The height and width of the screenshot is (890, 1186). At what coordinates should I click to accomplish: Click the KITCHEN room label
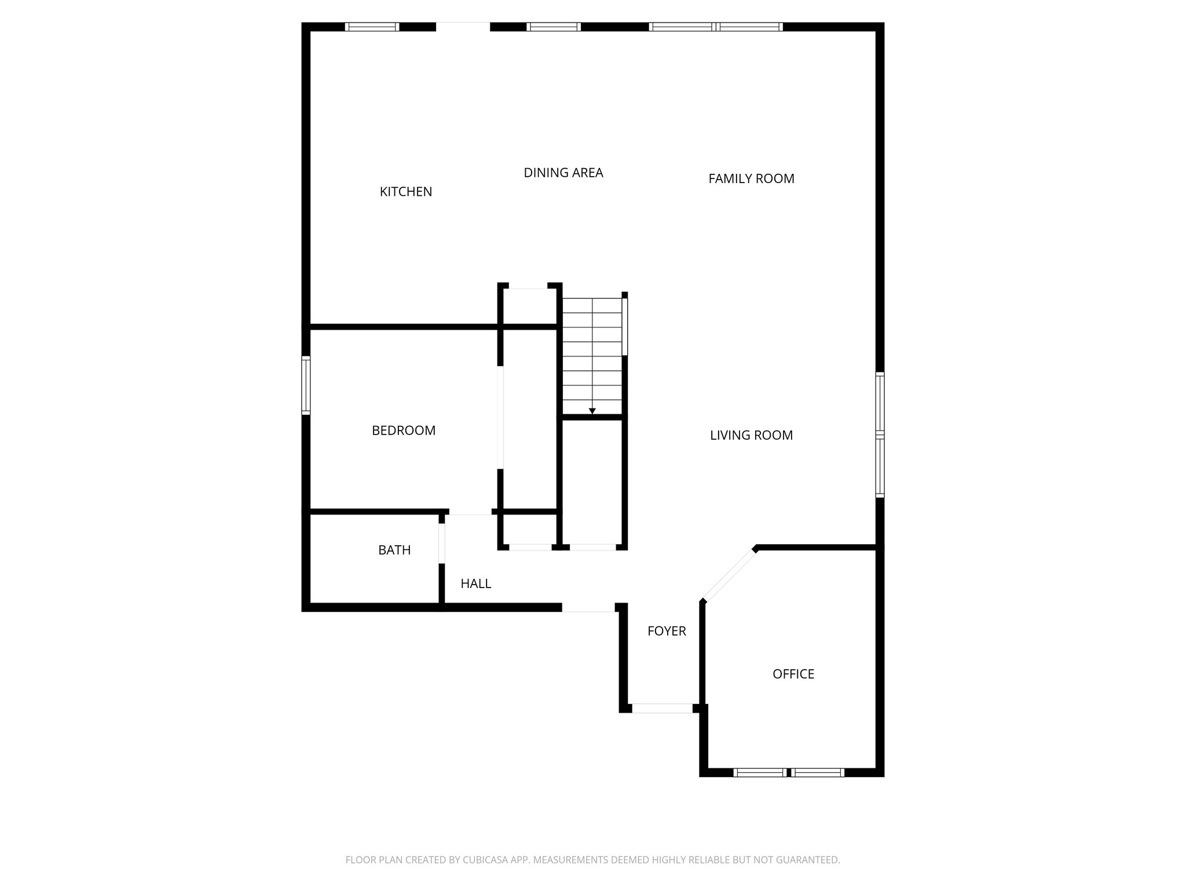(x=405, y=192)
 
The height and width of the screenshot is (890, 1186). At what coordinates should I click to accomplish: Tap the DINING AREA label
(x=563, y=173)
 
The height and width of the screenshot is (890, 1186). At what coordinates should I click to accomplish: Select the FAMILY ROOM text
(x=751, y=178)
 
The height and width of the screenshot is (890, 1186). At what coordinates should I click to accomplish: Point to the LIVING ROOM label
(x=751, y=435)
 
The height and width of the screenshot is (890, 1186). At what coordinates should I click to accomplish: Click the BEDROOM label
(x=404, y=431)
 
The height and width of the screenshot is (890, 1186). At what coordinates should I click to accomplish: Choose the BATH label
(x=394, y=550)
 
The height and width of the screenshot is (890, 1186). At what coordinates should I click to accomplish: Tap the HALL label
(x=475, y=583)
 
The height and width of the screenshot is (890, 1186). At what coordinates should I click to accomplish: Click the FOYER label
(x=667, y=631)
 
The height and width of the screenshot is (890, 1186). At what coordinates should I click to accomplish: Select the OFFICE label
(x=793, y=674)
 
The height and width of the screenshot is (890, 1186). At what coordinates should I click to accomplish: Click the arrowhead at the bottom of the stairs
(x=592, y=411)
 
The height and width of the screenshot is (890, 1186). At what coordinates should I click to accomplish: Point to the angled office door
(x=730, y=574)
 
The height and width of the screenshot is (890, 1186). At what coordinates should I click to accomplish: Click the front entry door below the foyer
(x=662, y=708)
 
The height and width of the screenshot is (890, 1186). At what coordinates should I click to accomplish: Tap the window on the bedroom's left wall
(x=306, y=385)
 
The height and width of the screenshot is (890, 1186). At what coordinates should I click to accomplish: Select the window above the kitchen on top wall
(x=372, y=27)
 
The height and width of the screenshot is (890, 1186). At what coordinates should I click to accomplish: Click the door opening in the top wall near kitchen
(x=463, y=27)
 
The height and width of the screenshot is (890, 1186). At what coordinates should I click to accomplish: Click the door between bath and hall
(x=442, y=543)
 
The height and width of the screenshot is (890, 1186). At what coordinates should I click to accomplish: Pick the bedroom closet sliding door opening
(x=500, y=417)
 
